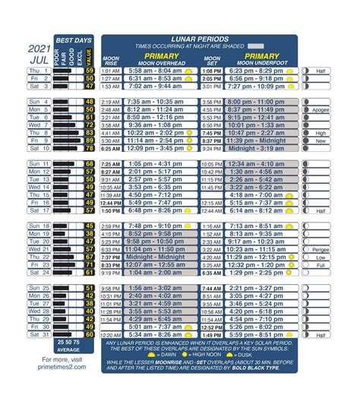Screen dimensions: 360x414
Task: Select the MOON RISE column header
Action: click(x=111, y=59)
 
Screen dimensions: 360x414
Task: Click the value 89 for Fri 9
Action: click(x=90, y=141)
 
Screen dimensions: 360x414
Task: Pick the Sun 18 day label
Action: click(x=38, y=226)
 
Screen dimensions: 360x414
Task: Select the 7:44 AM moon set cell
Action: click(x=211, y=289)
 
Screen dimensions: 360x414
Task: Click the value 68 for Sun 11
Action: click(x=90, y=164)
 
